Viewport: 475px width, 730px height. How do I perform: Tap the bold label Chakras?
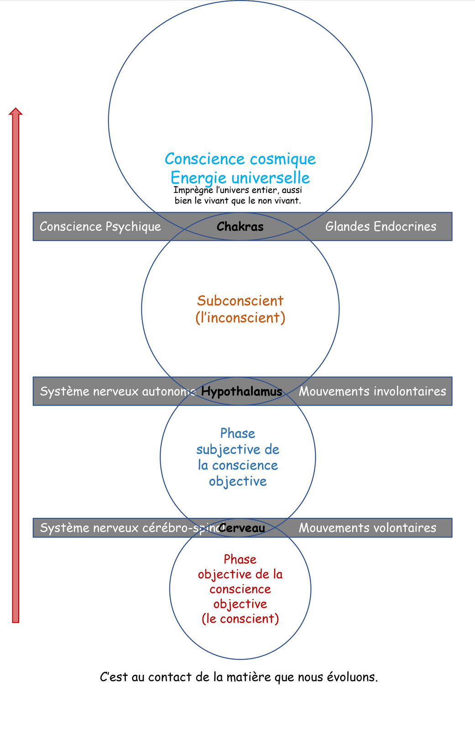pyautogui.click(x=240, y=227)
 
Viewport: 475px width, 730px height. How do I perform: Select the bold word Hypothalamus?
pyautogui.click(x=241, y=391)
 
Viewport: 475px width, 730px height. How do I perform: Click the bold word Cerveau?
pyautogui.click(x=242, y=528)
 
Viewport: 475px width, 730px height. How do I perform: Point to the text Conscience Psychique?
pyautogui.click(x=100, y=227)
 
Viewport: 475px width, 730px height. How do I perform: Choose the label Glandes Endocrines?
pyautogui.click(x=381, y=227)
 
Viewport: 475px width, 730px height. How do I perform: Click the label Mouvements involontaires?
pyautogui.click(x=372, y=391)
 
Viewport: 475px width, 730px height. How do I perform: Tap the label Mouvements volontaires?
pyautogui.click(x=367, y=528)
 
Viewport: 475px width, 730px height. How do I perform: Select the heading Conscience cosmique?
pyautogui.click(x=240, y=159)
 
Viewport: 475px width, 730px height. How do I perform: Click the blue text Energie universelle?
pyautogui.click(x=240, y=177)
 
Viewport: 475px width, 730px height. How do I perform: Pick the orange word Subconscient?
pyautogui.click(x=240, y=301)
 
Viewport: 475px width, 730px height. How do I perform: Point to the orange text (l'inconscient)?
pyautogui.click(x=240, y=317)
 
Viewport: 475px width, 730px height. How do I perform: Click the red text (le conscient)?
pyautogui.click(x=240, y=619)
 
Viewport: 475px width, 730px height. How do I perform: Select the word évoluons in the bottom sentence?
pyautogui.click(x=352, y=677)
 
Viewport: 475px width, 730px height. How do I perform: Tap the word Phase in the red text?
pyautogui.click(x=240, y=559)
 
